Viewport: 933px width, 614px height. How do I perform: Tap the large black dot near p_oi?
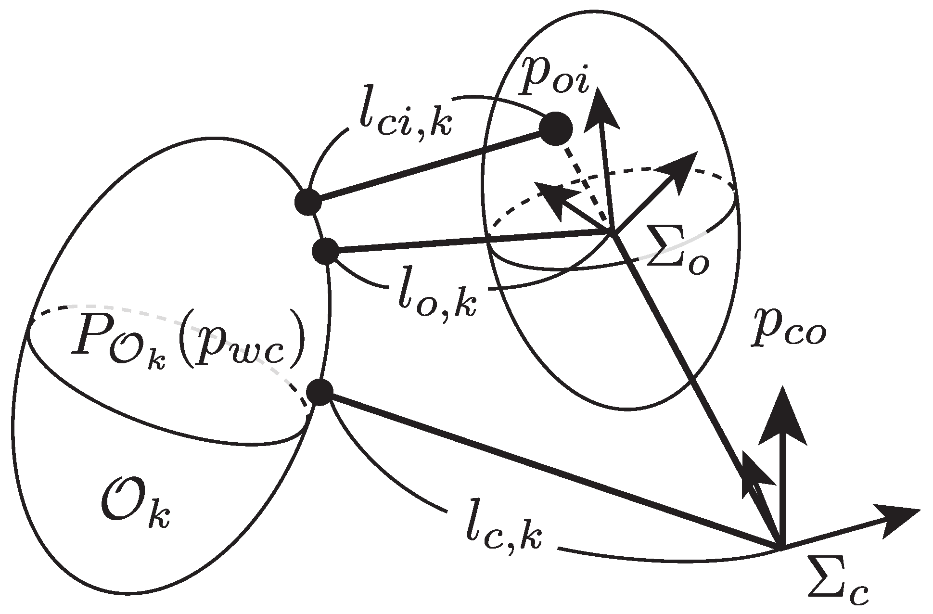(x=556, y=128)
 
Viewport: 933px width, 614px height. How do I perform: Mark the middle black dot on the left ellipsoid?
(x=325, y=251)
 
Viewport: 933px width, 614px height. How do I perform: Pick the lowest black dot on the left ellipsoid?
(x=320, y=393)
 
